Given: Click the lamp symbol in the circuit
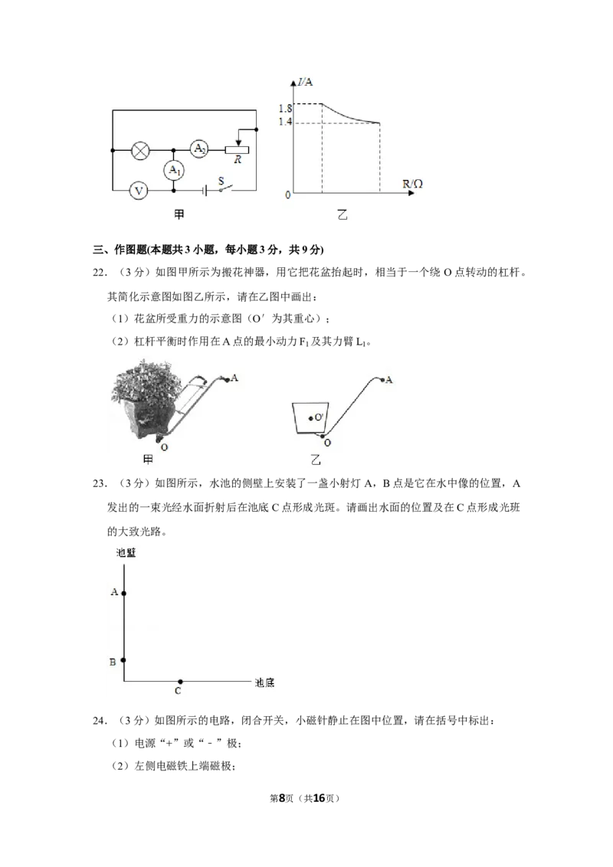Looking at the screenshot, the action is [x=140, y=150].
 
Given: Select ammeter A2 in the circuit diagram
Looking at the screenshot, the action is [x=199, y=149].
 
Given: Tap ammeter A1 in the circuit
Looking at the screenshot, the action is [x=174, y=170].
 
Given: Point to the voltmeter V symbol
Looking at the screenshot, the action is [x=139, y=191].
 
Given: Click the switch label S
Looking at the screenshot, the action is [x=221, y=181].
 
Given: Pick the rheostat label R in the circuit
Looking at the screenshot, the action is [x=238, y=160].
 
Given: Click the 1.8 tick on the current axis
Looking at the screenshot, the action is [x=285, y=109].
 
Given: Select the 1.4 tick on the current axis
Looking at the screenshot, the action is [x=285, y=122].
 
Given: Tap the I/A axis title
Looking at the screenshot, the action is [x=305, y=83].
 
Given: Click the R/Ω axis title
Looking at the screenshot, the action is [x=413, y=184].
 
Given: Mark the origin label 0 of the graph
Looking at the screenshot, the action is [x=287, y=195].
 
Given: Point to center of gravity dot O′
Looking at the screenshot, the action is [x=311, y=418].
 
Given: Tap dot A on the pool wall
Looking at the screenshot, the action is [x=124, y=594].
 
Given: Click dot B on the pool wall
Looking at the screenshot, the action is [x=124, y=660].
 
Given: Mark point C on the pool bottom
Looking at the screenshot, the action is [x=180, y=682].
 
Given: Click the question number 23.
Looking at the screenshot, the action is [x=99, y=484].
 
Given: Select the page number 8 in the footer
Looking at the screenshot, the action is [x=282, y=798].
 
